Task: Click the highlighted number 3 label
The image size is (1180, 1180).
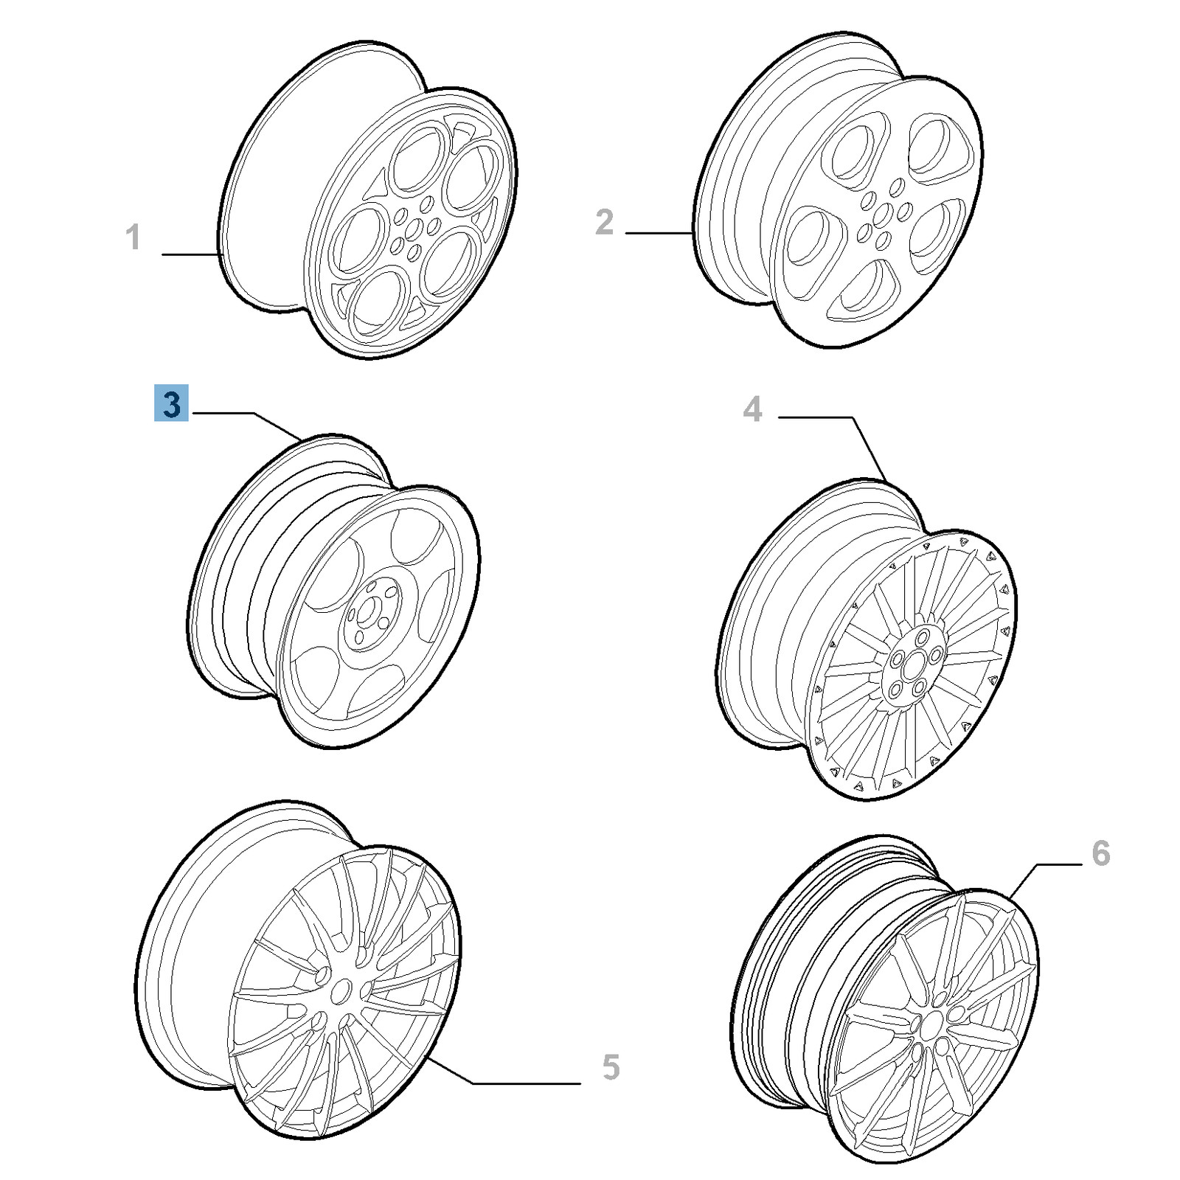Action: (x=171, y=403)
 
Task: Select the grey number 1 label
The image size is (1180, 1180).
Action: (x=133, y=237)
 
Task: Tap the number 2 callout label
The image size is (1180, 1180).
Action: (x=604, y=222)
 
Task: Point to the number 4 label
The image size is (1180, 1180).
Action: (x=752, y=409)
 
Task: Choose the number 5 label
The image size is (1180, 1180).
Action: (x=611, y=1067)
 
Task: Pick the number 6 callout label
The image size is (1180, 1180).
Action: (x=1100, y=853)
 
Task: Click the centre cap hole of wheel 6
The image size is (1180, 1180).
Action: (x=931, y=1025)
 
